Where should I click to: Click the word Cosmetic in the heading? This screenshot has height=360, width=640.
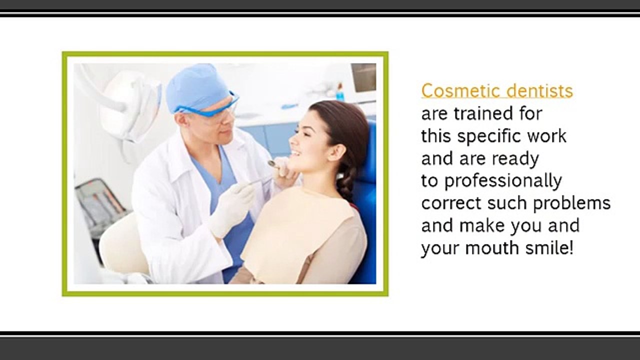tap(453, 91)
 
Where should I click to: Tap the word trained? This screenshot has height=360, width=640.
tap(483, 113)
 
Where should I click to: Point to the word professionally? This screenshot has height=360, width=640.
tap(503, 181)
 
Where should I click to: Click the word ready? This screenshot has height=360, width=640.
tap(515, 159)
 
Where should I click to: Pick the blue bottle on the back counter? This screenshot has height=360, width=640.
tap(340, 92)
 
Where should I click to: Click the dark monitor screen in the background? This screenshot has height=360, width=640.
tap(363, 77)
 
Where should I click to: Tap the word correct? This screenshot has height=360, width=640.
tap(446, 203)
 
